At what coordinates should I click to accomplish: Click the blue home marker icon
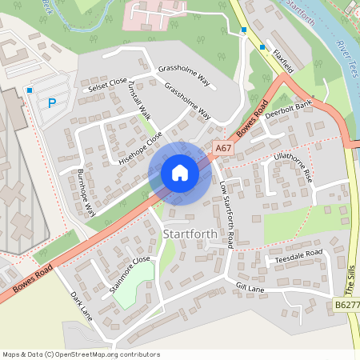(x=180, y=173)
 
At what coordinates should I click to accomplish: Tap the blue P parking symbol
(x=52, y=102)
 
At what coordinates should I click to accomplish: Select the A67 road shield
(x=223, y=149)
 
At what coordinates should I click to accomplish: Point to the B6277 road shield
(x=346, y=306)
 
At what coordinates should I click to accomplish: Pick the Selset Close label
(x=108, y=83)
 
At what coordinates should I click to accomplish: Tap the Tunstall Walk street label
(x=146, y=102)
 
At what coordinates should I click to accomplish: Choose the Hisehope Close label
(x=141, y=147)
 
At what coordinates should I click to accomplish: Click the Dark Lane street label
(x=81, y=306)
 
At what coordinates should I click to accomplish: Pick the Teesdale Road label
(x=298, y=258)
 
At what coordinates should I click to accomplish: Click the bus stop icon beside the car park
(x=30, y=90)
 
